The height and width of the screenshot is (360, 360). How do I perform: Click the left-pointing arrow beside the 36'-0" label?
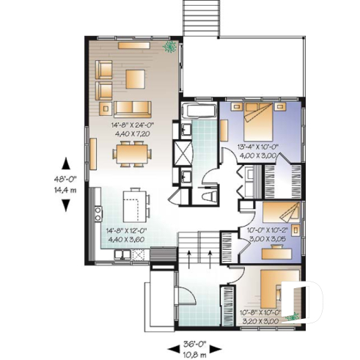(x=173, y=345)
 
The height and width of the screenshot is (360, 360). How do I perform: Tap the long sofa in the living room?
(x=133, y=109)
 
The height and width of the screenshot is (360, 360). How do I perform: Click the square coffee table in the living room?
(x=135, y=78)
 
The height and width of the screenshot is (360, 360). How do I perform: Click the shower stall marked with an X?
(x=182, y=153)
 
